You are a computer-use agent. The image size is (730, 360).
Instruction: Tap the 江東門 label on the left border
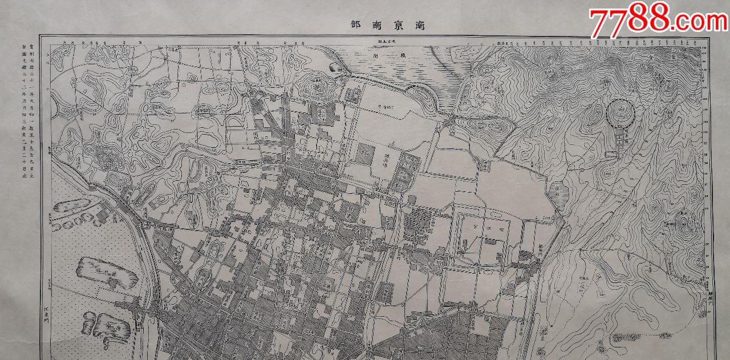[x=47, y=314]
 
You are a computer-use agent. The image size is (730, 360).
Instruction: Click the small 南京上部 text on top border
[x=386, y=42]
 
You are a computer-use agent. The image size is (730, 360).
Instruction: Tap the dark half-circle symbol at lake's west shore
[x=336, y=68]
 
